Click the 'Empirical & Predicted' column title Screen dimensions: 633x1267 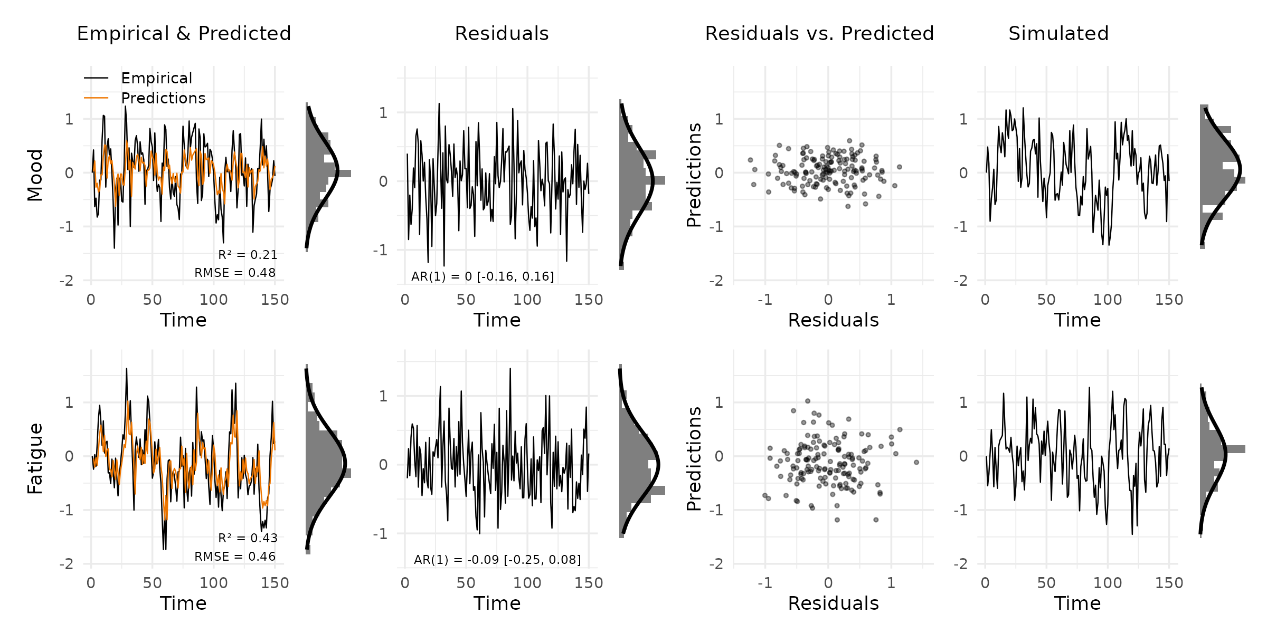pos(184,34)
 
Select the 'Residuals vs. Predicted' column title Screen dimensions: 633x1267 pos(819,34)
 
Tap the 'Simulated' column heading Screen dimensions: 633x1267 pos(1058,34)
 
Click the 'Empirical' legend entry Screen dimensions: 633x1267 pos(156,78)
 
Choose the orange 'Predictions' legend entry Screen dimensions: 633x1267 pos(163,98)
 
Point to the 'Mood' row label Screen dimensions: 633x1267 pos(35,175)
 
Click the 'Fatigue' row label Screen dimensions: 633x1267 pos(35,458)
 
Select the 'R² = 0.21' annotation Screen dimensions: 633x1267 pos(248,255)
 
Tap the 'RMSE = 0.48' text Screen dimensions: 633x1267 pos(235,273)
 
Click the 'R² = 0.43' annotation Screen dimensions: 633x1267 pos(248,538)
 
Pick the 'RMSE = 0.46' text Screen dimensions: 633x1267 pos(235,557)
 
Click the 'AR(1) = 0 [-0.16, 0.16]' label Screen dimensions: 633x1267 pos(483,276)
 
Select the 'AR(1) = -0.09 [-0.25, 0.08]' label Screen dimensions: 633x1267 pos(497,560)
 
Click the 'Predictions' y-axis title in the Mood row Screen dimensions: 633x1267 pos(694,175)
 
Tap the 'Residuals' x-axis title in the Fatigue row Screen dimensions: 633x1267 pos(833,603)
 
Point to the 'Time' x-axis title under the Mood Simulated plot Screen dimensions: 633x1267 pos(1077,320)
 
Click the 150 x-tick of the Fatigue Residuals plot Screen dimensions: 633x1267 pos(588,583)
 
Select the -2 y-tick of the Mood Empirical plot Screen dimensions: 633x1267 pos(67,281)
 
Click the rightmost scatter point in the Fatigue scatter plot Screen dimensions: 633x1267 pos(916,462)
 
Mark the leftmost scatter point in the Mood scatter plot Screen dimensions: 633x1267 pos(750,160)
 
